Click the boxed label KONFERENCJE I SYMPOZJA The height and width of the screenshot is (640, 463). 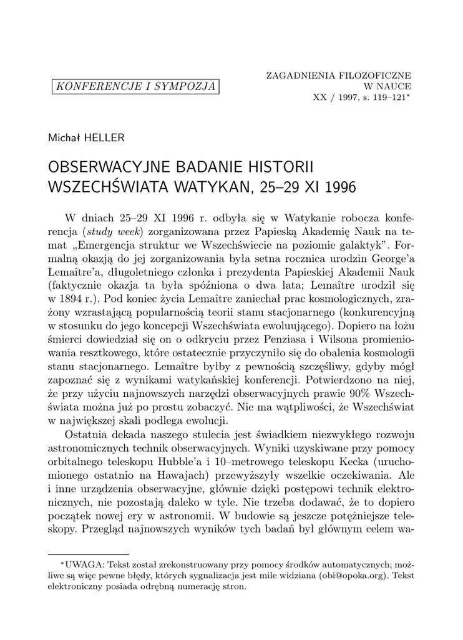[x=135, y=86]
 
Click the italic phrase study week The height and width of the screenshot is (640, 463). [x=107, y=230]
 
